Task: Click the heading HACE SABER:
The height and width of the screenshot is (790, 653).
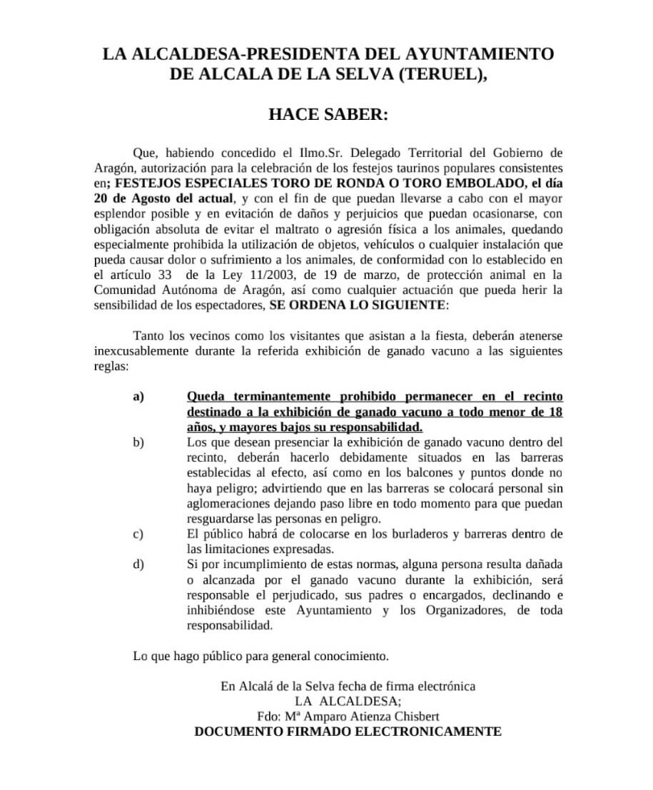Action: point(328,114)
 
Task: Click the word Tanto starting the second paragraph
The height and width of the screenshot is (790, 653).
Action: point(148,335)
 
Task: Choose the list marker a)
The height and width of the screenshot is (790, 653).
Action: point(138,397)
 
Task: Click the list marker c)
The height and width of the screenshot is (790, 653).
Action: point(138,534)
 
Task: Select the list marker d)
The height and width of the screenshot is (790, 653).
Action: point(138,564)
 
